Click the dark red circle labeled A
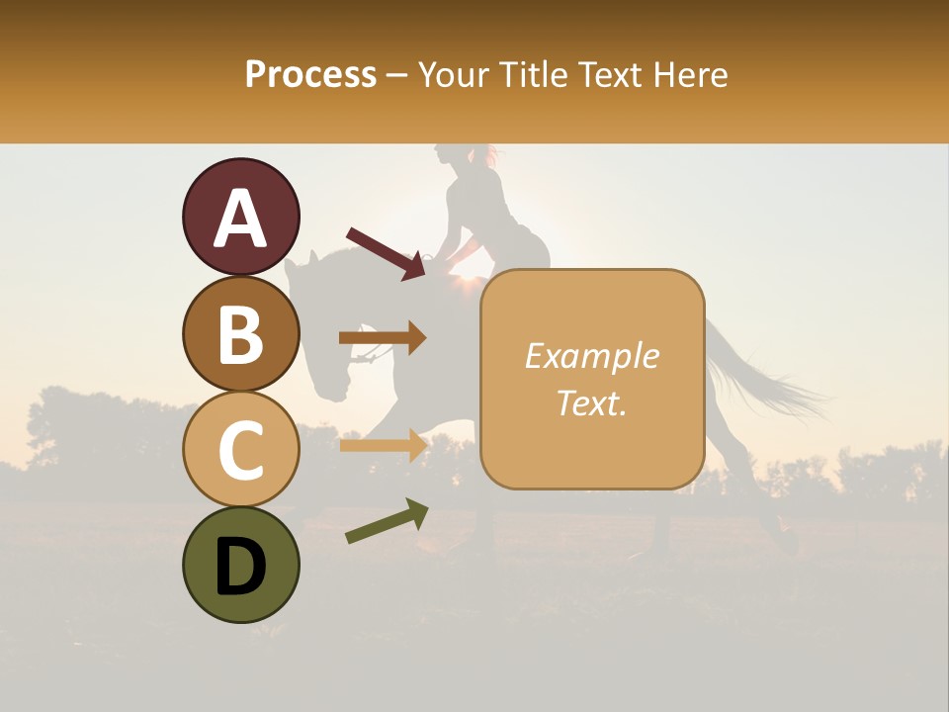click(x=240, y=217)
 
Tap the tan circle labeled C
click(x=240, y=449)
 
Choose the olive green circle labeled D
click(x=240, y=565)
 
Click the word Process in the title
click(x=310, y=74)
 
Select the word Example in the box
click(x=592, y=356)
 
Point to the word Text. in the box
click(x=592, y=402)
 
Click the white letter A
click(x=240, y=219)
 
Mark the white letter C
click(x=240, y=450)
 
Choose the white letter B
click(x=240, y=333)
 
